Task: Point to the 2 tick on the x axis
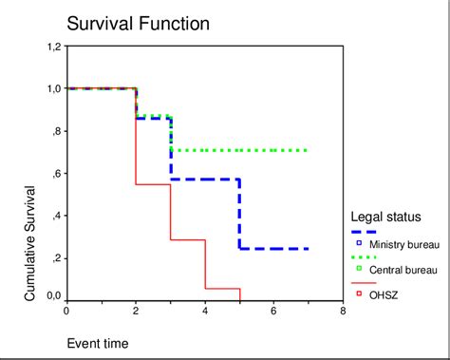click(x=136, y=311)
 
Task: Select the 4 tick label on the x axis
click(x=205, y=311)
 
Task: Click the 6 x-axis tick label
click(x=273, y=311)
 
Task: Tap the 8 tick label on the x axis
click(x=343, y=311)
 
